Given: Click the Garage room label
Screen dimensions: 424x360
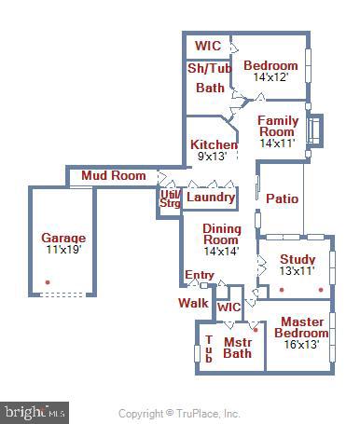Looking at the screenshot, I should pos(63,238).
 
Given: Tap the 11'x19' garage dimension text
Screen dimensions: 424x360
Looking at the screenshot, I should pos(63,250).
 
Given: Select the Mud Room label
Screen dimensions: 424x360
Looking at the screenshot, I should pos(113,175).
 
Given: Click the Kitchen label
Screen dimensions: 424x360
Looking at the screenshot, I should pos(214,145).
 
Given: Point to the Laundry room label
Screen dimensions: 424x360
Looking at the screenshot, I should pos(209,198).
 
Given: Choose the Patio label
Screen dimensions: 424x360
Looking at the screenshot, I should pos(282,198).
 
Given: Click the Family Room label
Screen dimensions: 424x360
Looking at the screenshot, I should pos(277,127).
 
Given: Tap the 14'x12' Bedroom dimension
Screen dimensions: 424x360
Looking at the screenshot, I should pos(270,77).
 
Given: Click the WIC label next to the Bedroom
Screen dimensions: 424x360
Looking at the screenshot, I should pos(207,46).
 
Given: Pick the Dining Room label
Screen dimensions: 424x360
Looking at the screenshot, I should pos(221,235).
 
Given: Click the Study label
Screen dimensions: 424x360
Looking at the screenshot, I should pos(298,259).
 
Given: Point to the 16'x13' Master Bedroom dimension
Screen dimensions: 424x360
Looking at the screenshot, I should pos(301,345).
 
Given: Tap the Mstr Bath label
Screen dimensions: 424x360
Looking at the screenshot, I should pos(238,347).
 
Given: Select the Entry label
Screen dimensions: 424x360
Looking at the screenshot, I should pos(199,275).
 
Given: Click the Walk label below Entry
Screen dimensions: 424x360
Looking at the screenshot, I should pos(193,303).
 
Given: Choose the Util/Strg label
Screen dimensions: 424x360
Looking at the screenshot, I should pos(170,198).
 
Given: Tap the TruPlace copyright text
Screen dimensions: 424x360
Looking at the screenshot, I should pos(179,413).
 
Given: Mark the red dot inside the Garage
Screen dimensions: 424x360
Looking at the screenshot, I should pos(47,281).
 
